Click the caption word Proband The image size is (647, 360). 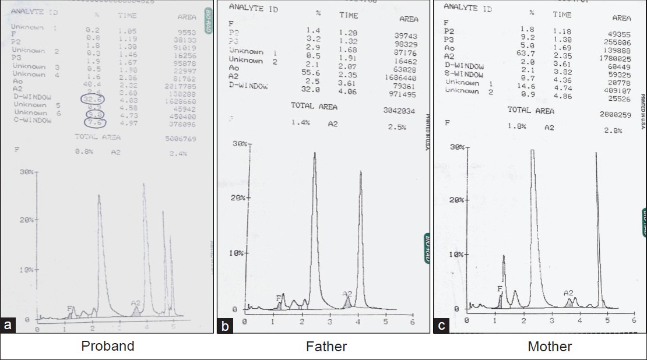tap(108, 346)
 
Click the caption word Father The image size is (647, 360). tap(326, 347)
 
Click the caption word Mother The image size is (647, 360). tap(550, 347)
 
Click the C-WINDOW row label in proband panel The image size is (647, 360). tap(33, 120)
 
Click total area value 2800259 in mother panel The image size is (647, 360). tap(614, 115)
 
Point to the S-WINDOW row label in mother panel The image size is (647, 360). tap(463, 74)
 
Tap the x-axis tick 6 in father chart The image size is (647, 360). tap(412, 322)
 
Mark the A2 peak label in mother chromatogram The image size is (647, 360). tap(568, 293)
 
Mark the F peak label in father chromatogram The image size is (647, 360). tap(278, 298)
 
